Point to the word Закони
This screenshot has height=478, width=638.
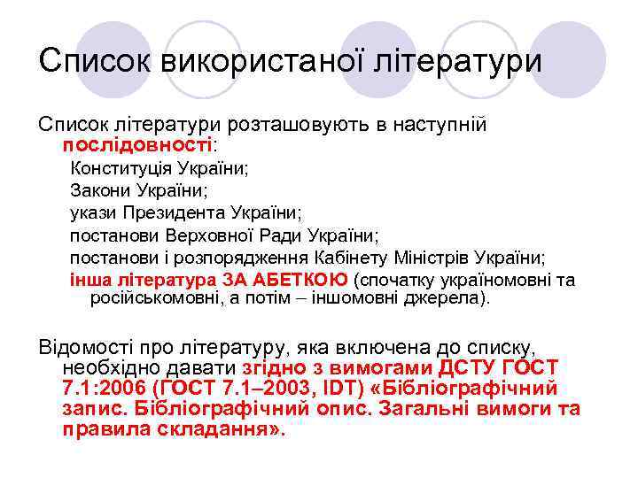(x=100, y=189)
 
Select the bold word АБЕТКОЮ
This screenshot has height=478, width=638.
(x=300, y=281)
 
